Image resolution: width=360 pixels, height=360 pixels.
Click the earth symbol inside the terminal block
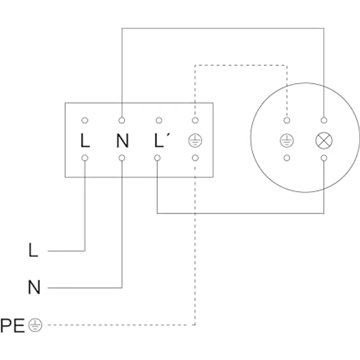[195, 141]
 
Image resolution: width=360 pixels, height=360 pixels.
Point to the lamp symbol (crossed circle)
[323, 141]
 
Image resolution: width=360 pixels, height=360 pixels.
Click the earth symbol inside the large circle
[287, 141]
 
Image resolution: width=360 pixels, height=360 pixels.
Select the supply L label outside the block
[33, 251]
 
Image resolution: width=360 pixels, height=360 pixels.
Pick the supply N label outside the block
[34, 288]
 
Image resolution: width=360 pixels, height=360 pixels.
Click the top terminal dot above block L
[85, 120]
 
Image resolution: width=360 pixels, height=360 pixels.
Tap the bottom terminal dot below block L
[85, 158]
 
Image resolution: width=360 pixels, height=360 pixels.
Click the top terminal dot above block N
[122, 120]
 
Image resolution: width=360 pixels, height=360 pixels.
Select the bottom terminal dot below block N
[122, 158]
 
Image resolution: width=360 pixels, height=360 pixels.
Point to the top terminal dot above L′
[158, 120]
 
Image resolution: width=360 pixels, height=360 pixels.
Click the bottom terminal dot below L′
[157, 158]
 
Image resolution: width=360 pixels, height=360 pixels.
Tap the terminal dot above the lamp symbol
[323, 120]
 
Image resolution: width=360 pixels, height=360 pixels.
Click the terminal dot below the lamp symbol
[323, 158]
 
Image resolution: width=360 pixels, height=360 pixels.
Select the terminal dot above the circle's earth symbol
[287, 120]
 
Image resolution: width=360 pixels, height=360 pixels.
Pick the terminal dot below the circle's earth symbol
[287, 158]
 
